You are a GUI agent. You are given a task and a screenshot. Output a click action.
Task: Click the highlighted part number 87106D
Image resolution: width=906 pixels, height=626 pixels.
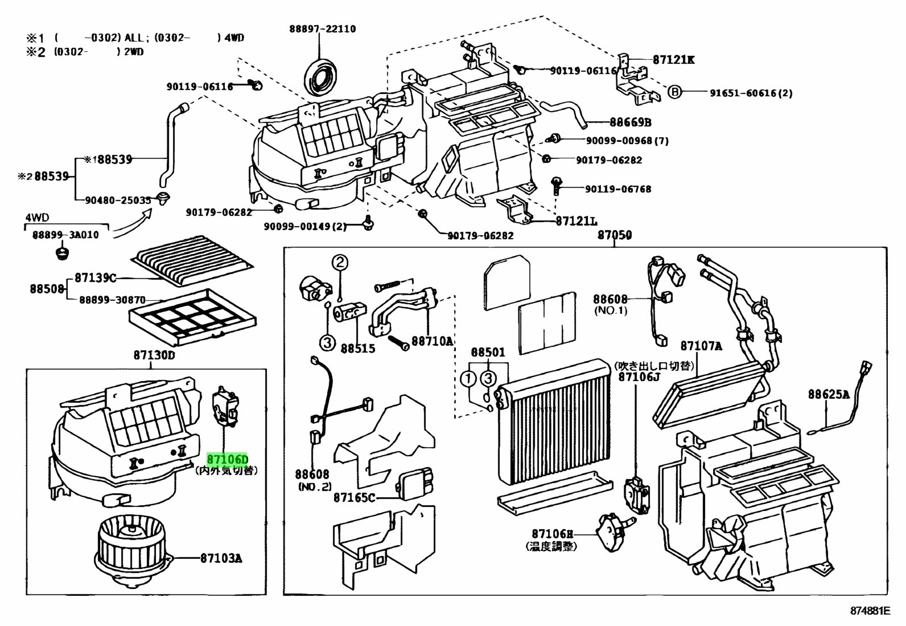coord(228,459)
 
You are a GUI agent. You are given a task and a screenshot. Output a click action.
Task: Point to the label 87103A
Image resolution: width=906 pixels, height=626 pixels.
coord(221,558)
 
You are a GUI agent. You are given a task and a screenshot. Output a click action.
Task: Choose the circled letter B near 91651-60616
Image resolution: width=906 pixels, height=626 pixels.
coord(674,92)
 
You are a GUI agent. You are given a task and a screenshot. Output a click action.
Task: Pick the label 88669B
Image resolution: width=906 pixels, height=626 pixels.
coord(630,122)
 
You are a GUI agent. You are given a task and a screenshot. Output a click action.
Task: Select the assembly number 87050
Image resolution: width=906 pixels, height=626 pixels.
coord(614,235)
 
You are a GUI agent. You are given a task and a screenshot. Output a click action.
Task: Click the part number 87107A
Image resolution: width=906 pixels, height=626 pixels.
coord(701,346)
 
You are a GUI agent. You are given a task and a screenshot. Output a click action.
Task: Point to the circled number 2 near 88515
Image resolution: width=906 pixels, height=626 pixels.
coord(339,263)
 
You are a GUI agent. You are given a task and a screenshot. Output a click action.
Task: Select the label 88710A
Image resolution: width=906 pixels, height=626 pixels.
coord(432,341)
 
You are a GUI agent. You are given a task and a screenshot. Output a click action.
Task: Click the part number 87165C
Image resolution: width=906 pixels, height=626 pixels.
coord(355,498)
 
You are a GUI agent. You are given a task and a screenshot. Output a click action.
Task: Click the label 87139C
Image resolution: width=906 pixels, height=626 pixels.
coord(95,278)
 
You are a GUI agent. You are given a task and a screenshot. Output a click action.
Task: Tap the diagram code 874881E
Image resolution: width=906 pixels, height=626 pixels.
coord(869,611)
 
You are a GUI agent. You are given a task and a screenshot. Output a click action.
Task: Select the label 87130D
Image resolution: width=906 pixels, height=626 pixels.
coord(154,355)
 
